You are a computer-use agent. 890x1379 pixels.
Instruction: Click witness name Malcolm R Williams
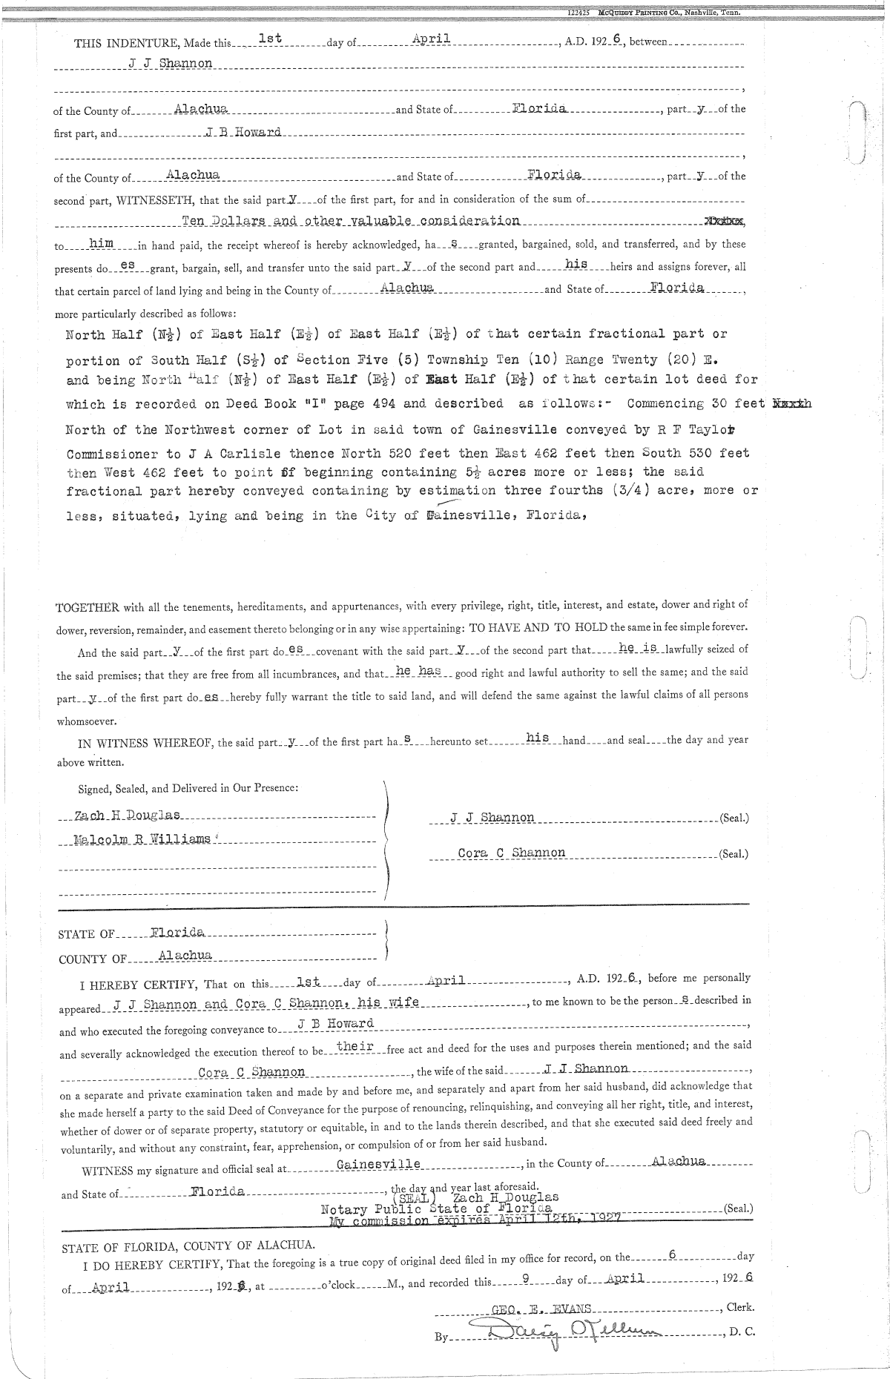pos(141,841)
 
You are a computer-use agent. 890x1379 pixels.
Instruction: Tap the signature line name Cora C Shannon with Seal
pos(512,853)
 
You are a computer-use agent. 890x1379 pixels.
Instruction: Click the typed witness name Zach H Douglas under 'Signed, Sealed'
pos(128,816)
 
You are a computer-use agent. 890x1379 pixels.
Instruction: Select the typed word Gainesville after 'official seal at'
pos(378,1163)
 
